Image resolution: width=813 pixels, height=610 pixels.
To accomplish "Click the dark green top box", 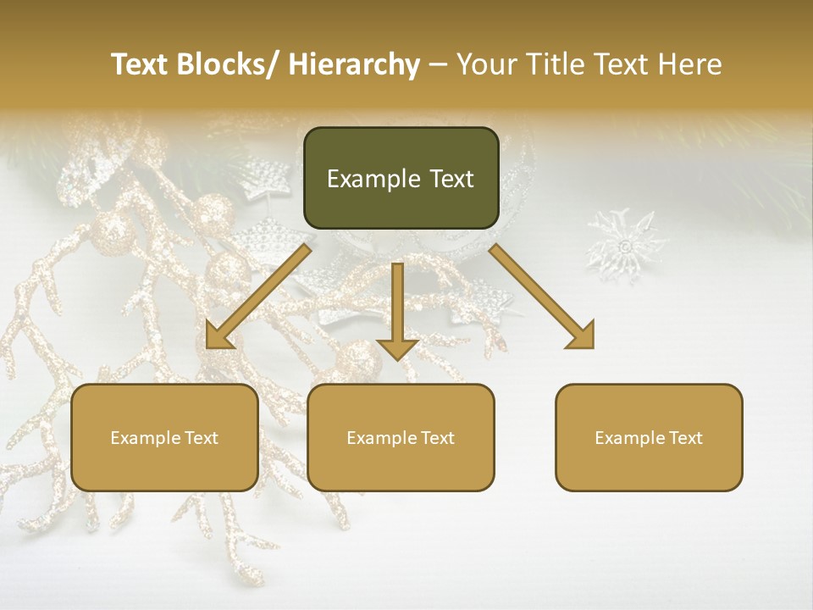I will [x=401, y=178].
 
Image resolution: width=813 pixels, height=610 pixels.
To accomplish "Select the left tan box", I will [x=164, y=437].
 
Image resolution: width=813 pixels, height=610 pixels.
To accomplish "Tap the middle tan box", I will [x=401, y=437].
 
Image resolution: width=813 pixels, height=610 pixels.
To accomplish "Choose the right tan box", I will [x=649, y=437].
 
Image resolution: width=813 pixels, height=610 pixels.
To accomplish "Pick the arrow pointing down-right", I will [x=542, y=297].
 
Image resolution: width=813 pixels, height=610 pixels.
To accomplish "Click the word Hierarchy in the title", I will [x=353, y=65].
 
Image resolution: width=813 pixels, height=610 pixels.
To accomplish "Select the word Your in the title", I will [x=486, y=65].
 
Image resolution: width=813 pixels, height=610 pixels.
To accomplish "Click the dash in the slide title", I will [x=438, y=65].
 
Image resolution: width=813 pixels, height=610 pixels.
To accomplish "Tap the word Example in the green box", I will [x=373, y=179].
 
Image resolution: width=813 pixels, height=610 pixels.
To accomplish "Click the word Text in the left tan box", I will [x=202, y=438].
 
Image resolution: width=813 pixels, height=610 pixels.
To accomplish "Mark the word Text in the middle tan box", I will [x=438, y=438].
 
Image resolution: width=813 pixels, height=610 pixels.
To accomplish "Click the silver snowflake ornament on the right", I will [x=627, y=246].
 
